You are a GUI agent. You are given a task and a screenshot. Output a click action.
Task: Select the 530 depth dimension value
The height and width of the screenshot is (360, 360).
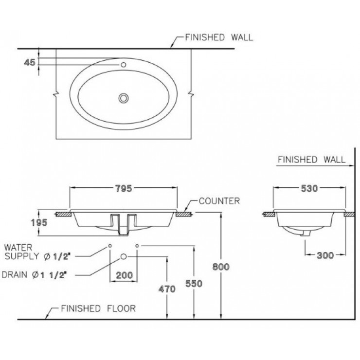point(309,189)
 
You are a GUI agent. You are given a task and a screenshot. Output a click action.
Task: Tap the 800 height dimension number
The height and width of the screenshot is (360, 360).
point(221,266)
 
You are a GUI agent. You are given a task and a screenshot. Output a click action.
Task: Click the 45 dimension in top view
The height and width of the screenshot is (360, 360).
point(29,62)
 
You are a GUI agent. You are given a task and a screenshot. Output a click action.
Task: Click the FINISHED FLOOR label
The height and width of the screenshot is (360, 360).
point(98,308)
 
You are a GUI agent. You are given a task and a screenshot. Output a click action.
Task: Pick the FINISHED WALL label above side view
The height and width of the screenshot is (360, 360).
point(311,160)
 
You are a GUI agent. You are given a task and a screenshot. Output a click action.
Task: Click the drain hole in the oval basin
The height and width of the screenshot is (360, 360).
point(124,98)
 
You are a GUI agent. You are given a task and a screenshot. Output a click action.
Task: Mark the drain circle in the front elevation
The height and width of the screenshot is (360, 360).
point(124,256)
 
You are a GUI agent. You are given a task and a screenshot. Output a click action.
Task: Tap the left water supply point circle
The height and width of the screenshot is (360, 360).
point(110,246)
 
